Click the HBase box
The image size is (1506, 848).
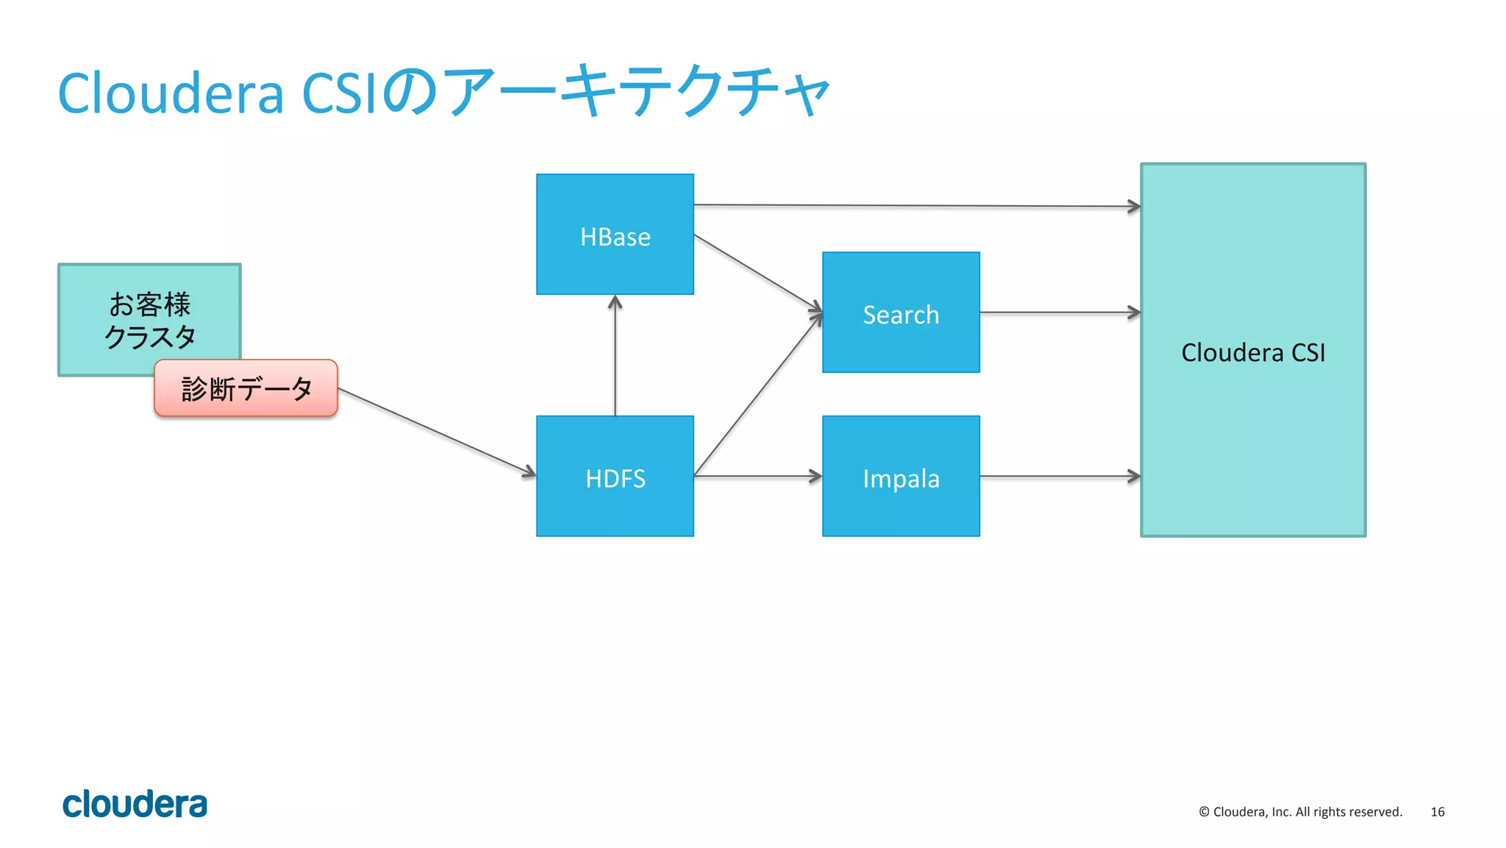point(615,235)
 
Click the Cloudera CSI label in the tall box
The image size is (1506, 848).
point(1253,352)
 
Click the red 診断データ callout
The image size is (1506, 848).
point(246,388)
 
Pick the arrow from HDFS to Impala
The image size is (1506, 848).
point(757,477)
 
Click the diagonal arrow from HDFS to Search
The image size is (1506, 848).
point(757,394)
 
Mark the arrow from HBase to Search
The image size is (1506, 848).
point(757,271)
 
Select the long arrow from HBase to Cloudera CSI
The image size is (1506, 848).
point(916,206)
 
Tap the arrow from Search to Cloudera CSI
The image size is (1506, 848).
point(1059,313)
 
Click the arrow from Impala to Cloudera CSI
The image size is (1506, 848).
point(1059,477)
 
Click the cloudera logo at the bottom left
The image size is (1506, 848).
point(135,805)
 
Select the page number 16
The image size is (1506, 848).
point(1437,812)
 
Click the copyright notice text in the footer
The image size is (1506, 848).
point(1300,812)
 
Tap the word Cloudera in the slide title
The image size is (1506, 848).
point(171,94)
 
